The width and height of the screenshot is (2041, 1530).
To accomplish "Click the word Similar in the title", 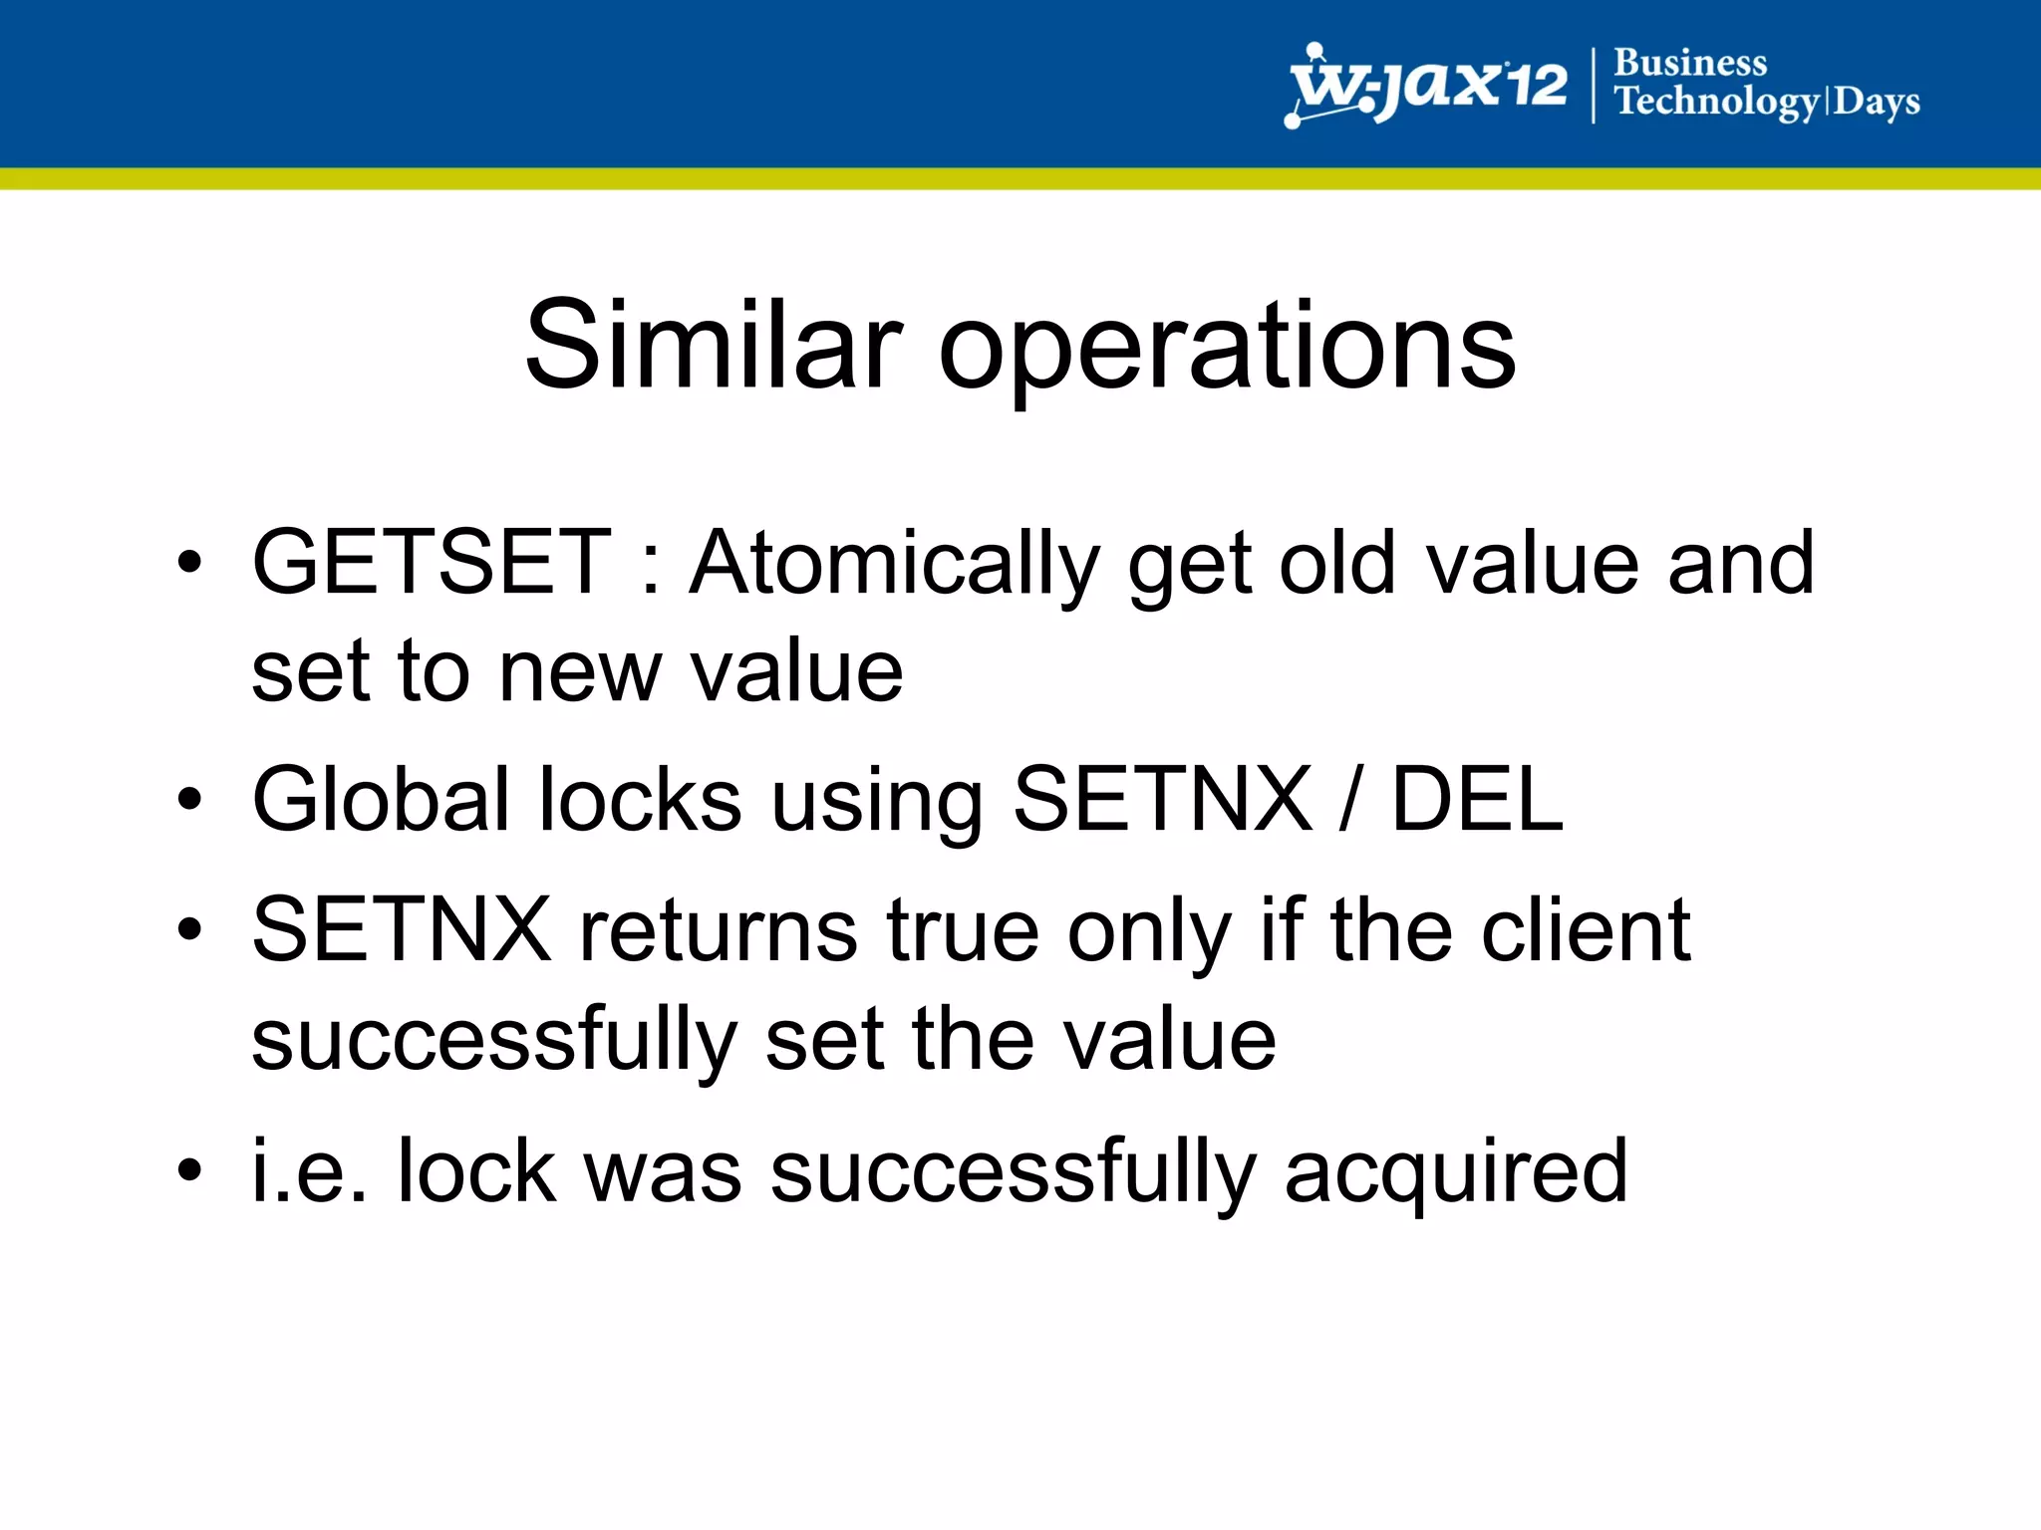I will pos(714,346).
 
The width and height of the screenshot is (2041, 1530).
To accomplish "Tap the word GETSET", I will pos(432,563).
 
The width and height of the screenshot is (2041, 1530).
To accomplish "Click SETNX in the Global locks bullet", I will pos(1162,799).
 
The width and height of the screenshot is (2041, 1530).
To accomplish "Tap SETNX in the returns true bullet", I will pos(402,929).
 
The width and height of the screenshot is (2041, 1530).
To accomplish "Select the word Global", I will pos(381,799).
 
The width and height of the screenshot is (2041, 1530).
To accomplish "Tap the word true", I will pos(963,931).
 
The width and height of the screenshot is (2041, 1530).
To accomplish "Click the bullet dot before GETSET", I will pos(189,564).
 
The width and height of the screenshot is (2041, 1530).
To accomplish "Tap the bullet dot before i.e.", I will pos(189,1170).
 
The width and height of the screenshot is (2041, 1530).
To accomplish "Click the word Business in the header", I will pos(1690,63).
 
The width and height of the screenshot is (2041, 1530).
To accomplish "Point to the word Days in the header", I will pos(1877,102).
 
